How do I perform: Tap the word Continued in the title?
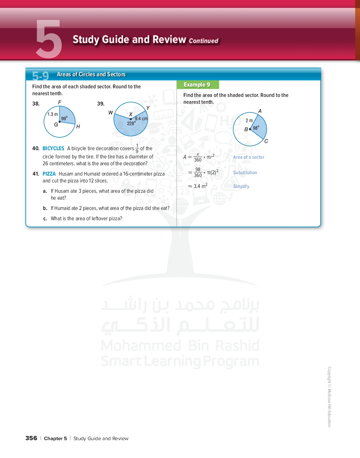(203, 41)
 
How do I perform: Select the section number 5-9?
(41, 76)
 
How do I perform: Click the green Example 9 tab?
(197, 85)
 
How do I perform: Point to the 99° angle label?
(64, 119)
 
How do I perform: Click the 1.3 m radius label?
(53, 114)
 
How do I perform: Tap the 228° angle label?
(131, 123)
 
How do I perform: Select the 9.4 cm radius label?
(141, 119)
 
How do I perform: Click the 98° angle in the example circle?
(256, 128)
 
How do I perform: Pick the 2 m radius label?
(249, 121)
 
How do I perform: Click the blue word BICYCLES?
(53, 148)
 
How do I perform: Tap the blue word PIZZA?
(49, 174)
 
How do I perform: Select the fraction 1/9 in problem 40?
(137, 148)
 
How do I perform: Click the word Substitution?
(245, 173)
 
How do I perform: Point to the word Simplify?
(241, 186)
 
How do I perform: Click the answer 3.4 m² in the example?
(200, 186)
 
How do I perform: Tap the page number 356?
(31, 438)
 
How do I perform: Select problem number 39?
(101, 104)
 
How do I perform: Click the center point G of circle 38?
(60, 122)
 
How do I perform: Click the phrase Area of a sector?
(249, 157)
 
